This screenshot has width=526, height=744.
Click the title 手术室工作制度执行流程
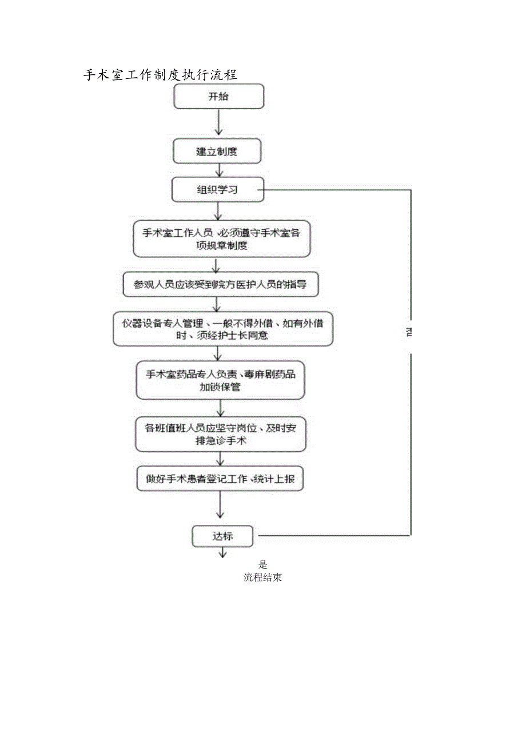pyautogui.click(x=161, y=75)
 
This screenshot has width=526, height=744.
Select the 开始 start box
pyautogui.click(x=218, y=96)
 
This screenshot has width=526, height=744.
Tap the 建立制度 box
pyautogui.click(x=217, y=152)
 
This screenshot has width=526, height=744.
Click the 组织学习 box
pyautogui.click(x=218, y=190)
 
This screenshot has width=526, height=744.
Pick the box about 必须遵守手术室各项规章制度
pyautogui.click(x=221, y=239)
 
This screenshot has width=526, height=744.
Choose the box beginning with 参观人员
pyautogui.click(x=221, y=284)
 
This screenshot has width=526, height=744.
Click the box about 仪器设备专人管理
pyautogui.click(x=222, y=329)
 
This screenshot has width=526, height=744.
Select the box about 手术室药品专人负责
pyautogui.click(x=220, y=380)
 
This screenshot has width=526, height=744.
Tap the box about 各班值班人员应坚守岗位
pyautogui.click(x=221, y=434)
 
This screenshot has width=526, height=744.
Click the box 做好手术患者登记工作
pyautogui.click(x=220, y=479)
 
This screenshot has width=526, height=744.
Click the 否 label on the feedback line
pyautogui.click(x=410, y=332)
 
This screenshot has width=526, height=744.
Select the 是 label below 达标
pyautogui.click(x=262, y=564)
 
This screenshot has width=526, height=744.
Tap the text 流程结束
pyautogui.click(x=262, y=578)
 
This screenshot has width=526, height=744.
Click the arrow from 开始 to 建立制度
pyautogui.click(x=218, y=122)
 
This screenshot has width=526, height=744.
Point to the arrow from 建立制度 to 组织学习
pyautogui.click(x=218, y=170)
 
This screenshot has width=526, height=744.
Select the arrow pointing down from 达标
pyautogui.click(x=222, y=552)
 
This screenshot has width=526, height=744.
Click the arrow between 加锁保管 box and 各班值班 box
pyautogui.click(x=221, y=408)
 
